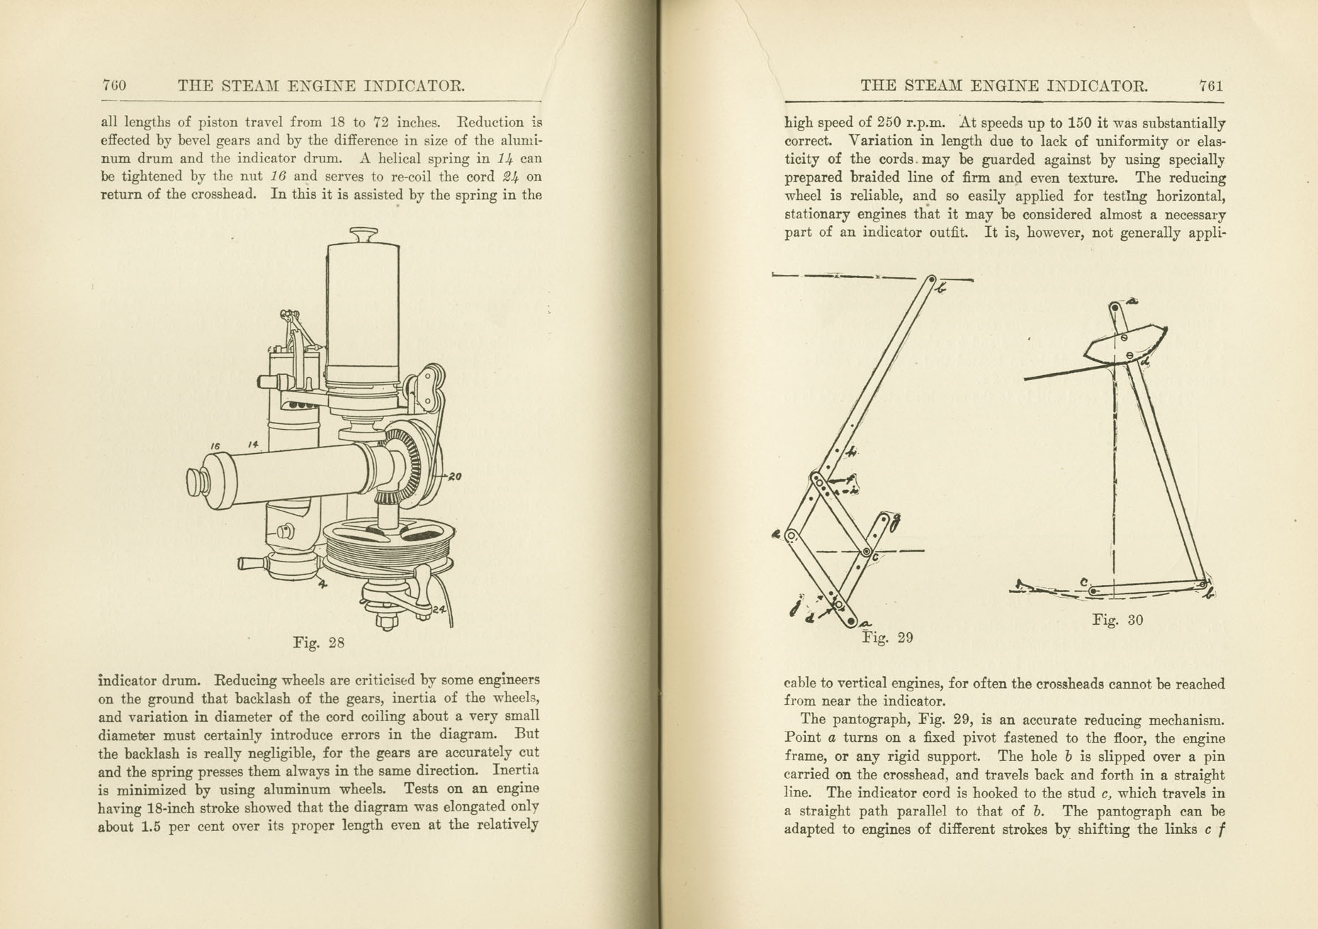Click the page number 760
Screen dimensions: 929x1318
(114, 86)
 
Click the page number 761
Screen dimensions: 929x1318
(1211, 86)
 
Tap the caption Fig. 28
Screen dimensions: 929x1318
(318, 643)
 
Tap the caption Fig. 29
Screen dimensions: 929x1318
(887, 638)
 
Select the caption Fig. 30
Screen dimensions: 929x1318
(1117, 620)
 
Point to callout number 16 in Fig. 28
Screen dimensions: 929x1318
(215, 446)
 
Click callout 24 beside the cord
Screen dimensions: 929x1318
(439, 608)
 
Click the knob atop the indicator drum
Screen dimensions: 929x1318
(364, 233)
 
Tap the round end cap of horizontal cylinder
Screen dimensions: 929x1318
(197, 483)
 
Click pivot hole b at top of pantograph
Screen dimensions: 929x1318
(932, 280)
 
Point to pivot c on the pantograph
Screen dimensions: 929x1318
(867, 552)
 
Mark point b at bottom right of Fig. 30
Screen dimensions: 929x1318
(1202, 584)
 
